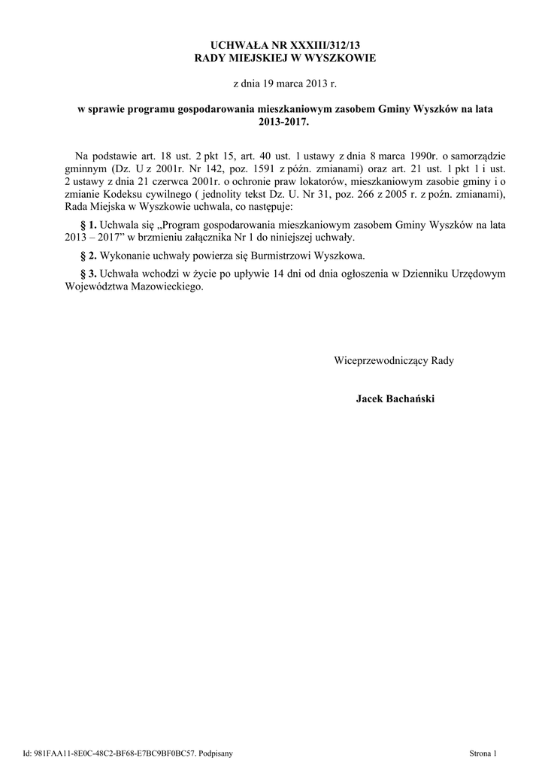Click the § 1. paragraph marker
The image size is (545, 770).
(88, 225)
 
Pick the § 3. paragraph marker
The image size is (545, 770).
(88, 274)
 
